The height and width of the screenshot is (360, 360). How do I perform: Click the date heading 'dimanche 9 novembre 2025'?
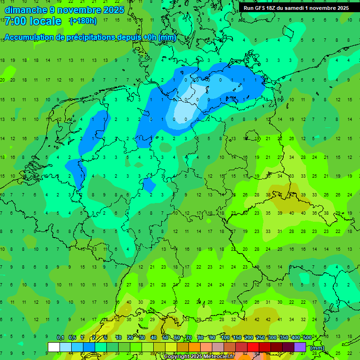pos(64,10)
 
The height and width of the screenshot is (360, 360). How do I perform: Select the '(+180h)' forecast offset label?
pos(83,21)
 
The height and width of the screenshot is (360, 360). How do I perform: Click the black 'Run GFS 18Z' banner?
pos(296,8)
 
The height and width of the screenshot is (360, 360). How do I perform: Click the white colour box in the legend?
pos(53,347)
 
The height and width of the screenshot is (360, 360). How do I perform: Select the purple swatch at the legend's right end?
pos(300,347)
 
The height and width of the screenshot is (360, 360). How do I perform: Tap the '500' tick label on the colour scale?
pos(307,338)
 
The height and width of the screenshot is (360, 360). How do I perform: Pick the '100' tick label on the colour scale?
pos(225,338)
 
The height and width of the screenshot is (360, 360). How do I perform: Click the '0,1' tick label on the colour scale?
pos(60,338)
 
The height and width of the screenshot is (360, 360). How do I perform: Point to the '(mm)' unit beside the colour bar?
pos(317,348)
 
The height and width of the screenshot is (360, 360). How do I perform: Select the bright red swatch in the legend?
pos(253,347)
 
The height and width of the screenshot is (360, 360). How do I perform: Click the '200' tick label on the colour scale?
pos(248,338)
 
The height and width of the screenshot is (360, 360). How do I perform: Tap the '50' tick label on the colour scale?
pos(165,338)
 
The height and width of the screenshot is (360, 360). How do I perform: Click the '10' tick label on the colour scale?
pos(119,338)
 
